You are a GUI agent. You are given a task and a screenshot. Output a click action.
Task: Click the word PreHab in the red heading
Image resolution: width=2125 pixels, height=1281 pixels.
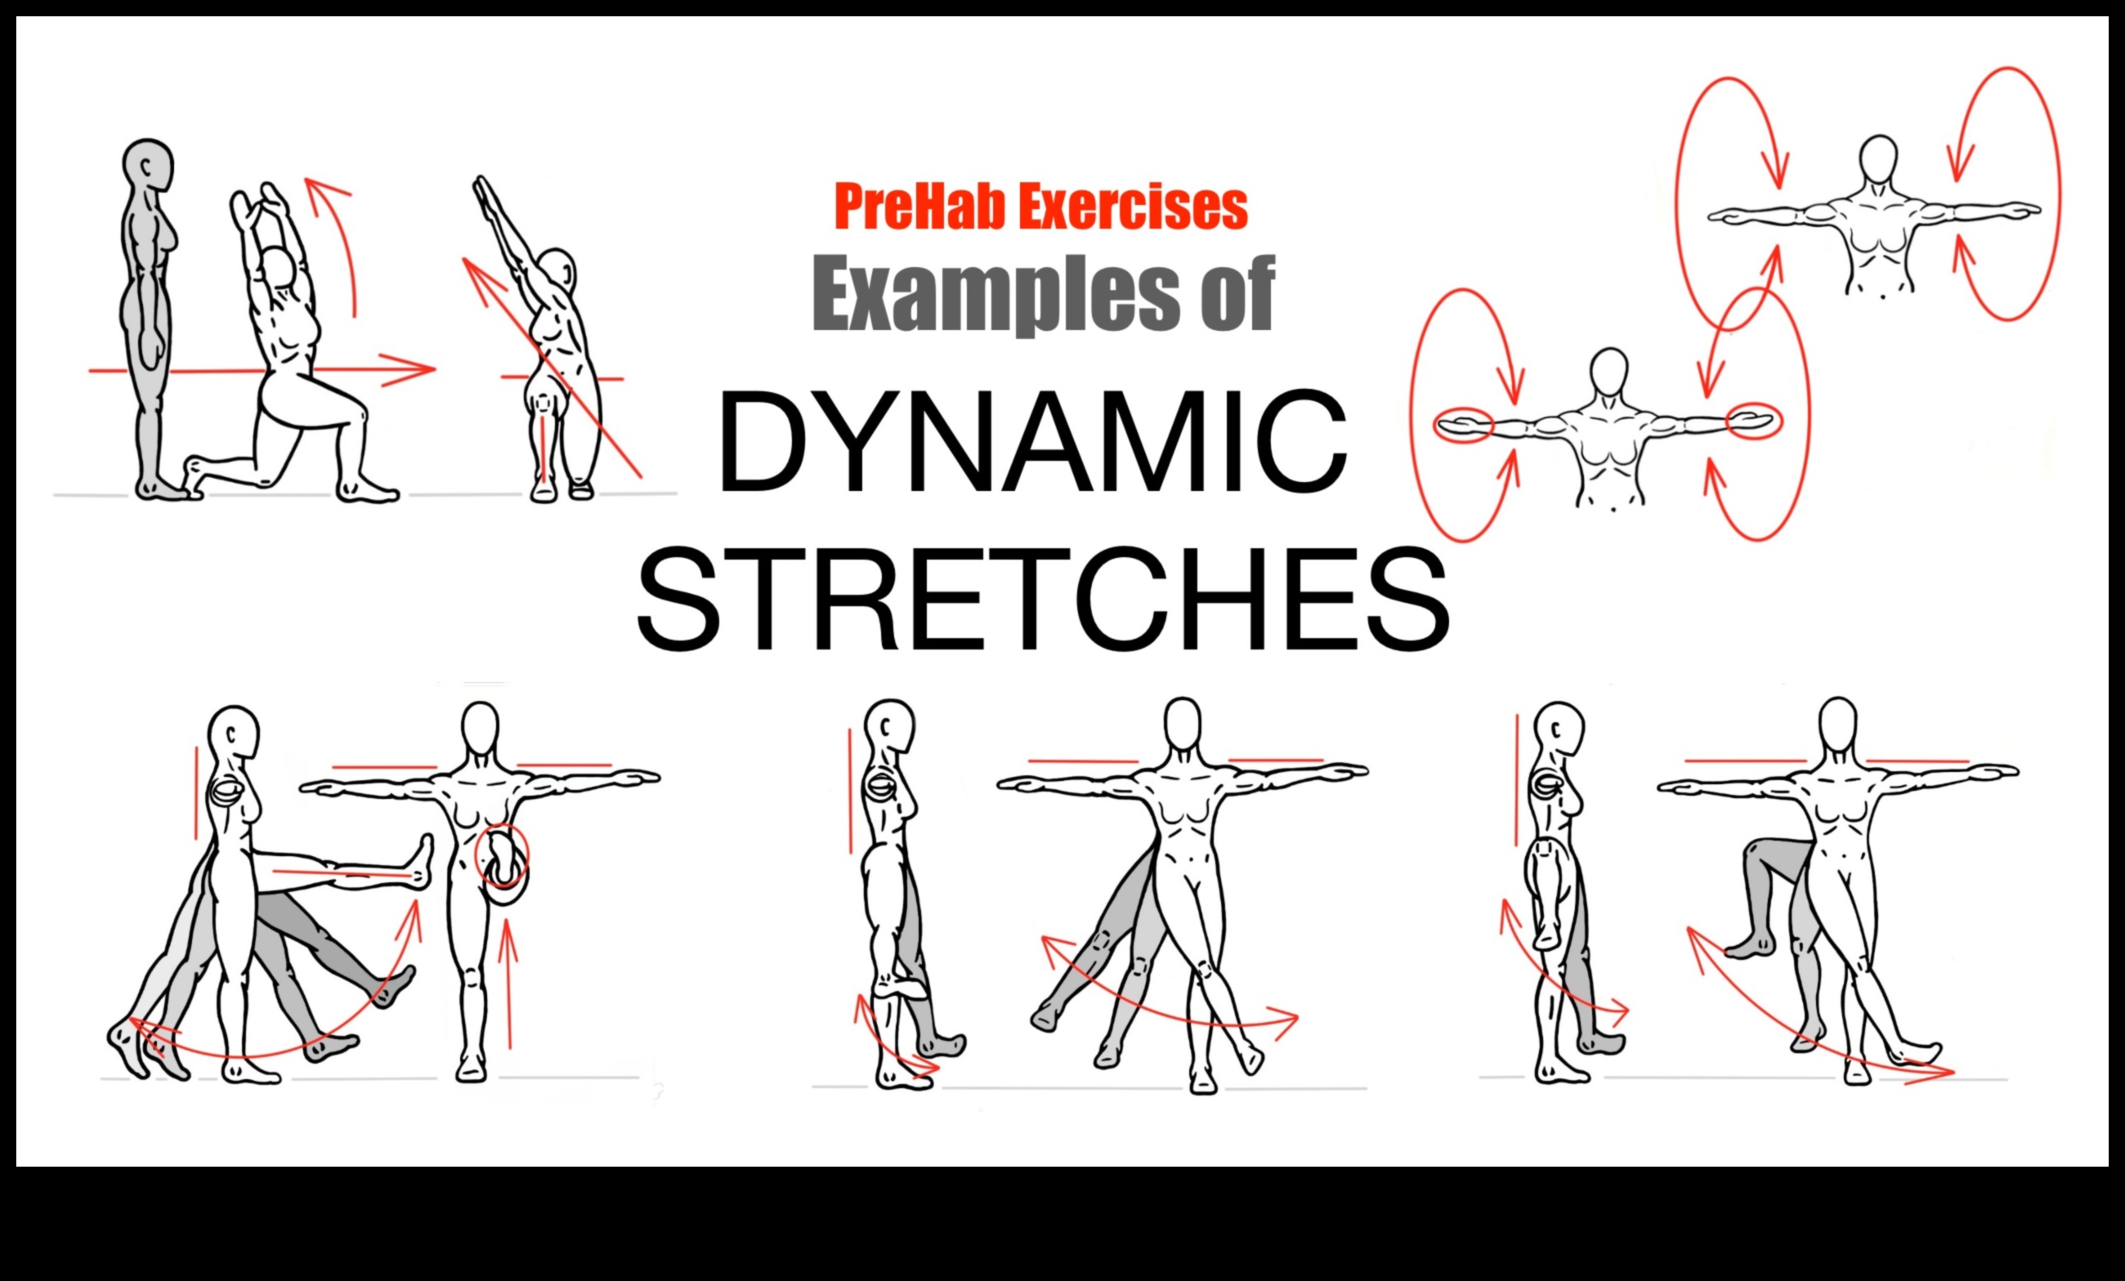click(912, 207)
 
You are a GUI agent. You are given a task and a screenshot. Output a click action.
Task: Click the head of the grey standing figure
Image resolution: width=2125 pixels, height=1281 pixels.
click(147, 163)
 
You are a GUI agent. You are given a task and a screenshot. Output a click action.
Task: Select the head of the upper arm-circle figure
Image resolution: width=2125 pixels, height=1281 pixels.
click(1877, 159)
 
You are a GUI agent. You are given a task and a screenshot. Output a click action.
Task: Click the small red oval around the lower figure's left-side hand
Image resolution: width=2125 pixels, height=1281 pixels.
click(1463, 425)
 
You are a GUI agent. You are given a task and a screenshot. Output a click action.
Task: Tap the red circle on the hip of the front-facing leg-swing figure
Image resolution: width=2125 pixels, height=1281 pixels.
click(501, 856)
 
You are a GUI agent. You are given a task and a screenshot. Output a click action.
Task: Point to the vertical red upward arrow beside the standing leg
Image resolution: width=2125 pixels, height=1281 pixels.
click(508, 983)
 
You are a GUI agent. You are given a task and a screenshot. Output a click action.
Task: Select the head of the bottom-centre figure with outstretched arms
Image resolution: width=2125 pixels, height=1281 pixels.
click(1182, 725)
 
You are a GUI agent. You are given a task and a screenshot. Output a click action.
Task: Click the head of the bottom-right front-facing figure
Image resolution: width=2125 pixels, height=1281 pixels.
click(1837, 725)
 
